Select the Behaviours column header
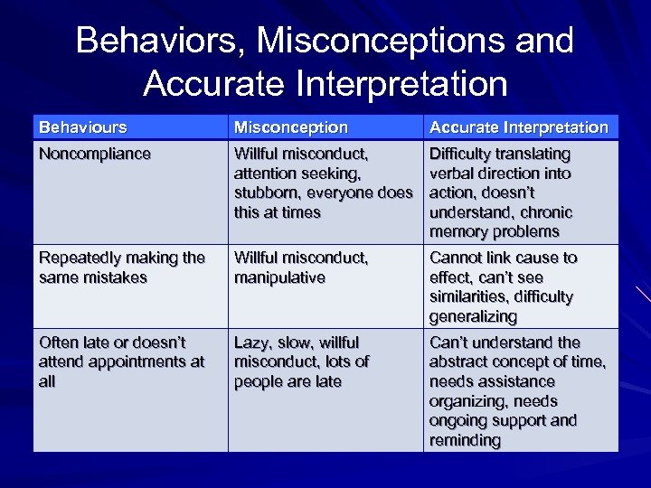tap(82, 127)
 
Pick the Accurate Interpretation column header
tap(519, 127)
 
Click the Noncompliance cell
tap(94, 154)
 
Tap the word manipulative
tap(279, 277)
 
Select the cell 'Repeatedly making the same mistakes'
tap(121, 267)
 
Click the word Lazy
tap(252, 343)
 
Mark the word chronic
tap(542, 212)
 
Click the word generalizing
tap(474, 316)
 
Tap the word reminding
tap(466, 440)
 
